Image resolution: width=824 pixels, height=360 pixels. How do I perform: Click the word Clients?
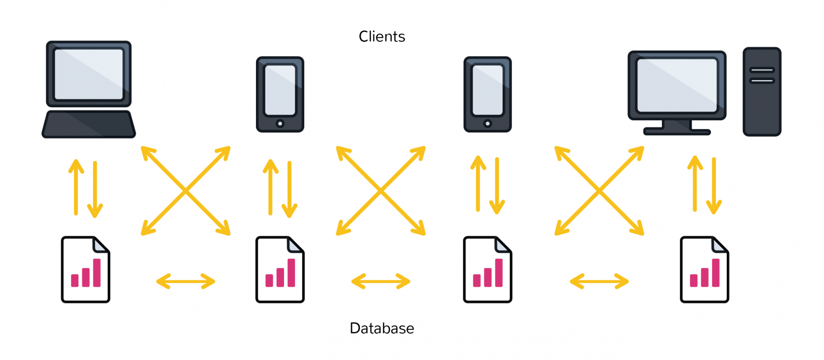click(382, 36)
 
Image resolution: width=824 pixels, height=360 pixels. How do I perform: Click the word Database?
click(382, 328)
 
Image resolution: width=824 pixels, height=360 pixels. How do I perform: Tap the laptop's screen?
click(88, 74)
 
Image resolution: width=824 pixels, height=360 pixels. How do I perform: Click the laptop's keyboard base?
click(88, 124)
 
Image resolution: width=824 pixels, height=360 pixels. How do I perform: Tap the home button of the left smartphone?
click(280, 124)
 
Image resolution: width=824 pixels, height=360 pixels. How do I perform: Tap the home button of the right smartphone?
click(487, 124)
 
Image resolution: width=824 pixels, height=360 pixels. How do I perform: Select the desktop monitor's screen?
click(677, 85)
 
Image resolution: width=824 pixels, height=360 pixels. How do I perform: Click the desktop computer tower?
click(762, 92)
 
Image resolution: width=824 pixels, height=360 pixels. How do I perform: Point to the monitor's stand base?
click(677, 132)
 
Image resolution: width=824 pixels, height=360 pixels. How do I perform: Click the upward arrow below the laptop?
click(76, 187)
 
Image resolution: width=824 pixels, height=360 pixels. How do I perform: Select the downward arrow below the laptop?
click(95, 190)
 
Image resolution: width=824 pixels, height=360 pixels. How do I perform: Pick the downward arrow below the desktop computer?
click(714, 186)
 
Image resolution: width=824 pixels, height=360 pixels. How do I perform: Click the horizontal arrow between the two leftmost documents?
click(186, 281)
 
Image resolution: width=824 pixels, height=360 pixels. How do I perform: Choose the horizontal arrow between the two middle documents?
click(381, 281)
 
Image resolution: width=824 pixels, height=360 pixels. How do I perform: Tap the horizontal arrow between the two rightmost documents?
click(599, 281)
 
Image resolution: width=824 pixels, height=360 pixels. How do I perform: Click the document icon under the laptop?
click(86, 270)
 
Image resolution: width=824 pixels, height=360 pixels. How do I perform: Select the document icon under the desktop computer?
click(704, 270)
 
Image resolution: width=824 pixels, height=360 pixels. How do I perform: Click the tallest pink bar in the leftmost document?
click(97, 273)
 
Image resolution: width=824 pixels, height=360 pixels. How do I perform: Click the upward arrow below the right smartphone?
click(478, 184)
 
